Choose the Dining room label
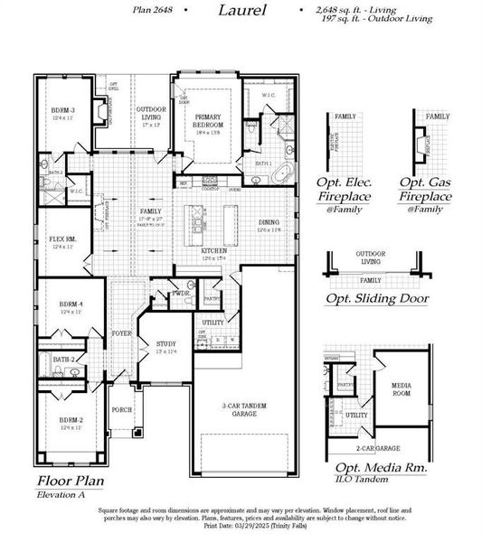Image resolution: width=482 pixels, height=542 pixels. click(x=269, y=222)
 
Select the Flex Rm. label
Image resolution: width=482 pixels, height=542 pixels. click(x=63, y=239)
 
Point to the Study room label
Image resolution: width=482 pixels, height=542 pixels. click(x=165, y=343)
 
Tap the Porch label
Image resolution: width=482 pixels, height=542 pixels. click(x=121, y=409)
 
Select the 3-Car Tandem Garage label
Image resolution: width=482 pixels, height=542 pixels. click(x=246, y=408)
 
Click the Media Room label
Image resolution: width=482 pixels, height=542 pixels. click(x=402, y=388)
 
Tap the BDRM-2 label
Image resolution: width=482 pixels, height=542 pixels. click(x=72, y=420)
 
